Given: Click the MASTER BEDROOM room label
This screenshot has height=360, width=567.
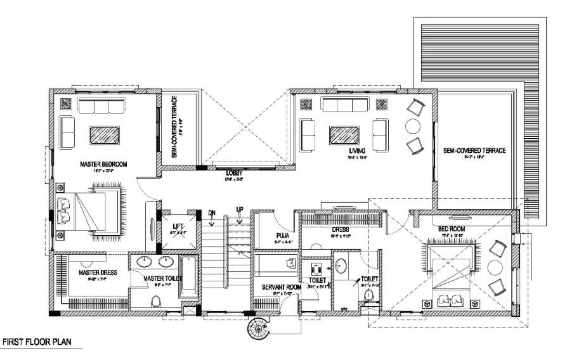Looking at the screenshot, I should [103, 164].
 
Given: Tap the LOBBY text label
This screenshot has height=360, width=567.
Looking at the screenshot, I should [235, 172].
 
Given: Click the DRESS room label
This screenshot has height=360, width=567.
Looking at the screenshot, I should [341, 230].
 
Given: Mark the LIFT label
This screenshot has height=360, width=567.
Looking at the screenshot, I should [178, 226].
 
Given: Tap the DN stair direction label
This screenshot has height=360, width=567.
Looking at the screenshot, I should [212, 213].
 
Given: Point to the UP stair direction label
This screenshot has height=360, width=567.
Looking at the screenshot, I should [240, 209].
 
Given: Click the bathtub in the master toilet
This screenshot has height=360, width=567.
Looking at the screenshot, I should [189, 278].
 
